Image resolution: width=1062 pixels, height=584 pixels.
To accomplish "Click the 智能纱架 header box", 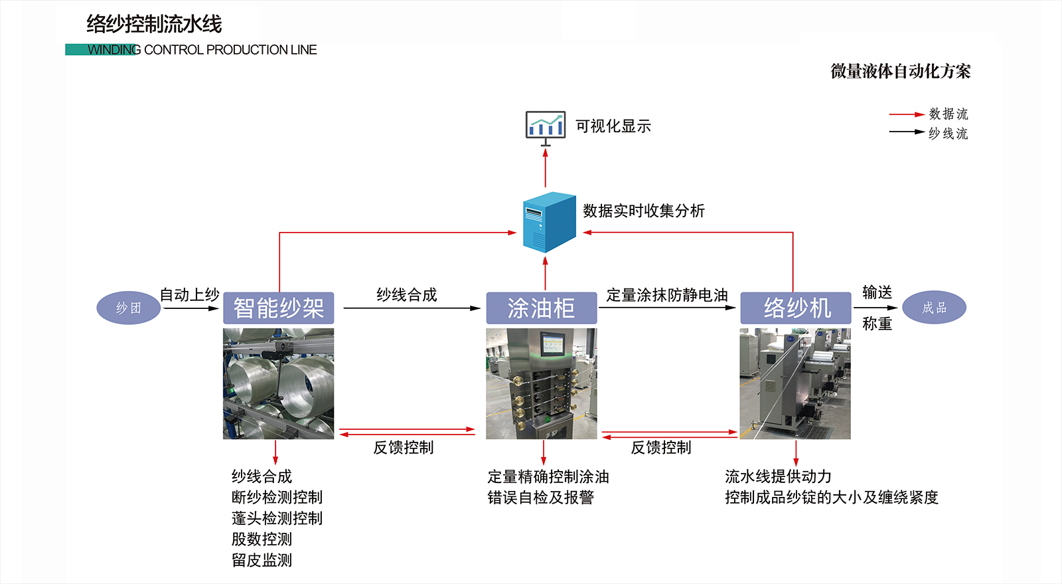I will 278,308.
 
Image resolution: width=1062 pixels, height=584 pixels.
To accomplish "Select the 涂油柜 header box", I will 541,308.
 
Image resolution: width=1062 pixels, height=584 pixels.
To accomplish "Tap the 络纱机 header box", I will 795,308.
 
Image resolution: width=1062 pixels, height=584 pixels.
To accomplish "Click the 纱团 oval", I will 129,308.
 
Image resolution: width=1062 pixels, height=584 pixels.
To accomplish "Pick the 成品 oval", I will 934,308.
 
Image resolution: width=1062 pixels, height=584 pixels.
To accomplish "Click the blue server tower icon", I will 549,222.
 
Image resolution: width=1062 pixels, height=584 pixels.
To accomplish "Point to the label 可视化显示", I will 613,126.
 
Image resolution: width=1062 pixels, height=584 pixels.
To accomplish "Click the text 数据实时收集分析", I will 643,211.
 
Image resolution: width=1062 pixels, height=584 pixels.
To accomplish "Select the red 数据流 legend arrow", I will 906,114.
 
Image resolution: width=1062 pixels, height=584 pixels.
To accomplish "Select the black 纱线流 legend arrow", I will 906,132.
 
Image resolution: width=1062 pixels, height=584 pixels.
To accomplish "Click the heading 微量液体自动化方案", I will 900,72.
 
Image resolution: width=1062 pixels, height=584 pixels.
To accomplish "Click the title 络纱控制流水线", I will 154,25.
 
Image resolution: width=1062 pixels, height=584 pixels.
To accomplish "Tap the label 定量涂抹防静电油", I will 666,295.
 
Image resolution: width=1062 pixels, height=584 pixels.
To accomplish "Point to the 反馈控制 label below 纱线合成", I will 403,448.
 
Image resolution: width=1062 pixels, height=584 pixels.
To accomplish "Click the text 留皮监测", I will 262,560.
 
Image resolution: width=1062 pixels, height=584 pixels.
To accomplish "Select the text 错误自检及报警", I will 540,498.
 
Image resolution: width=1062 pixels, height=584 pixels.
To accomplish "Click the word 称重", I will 877,324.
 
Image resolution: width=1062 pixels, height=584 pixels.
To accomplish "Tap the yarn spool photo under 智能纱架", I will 278,383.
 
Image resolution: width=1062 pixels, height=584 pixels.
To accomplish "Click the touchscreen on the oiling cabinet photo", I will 552,344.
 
